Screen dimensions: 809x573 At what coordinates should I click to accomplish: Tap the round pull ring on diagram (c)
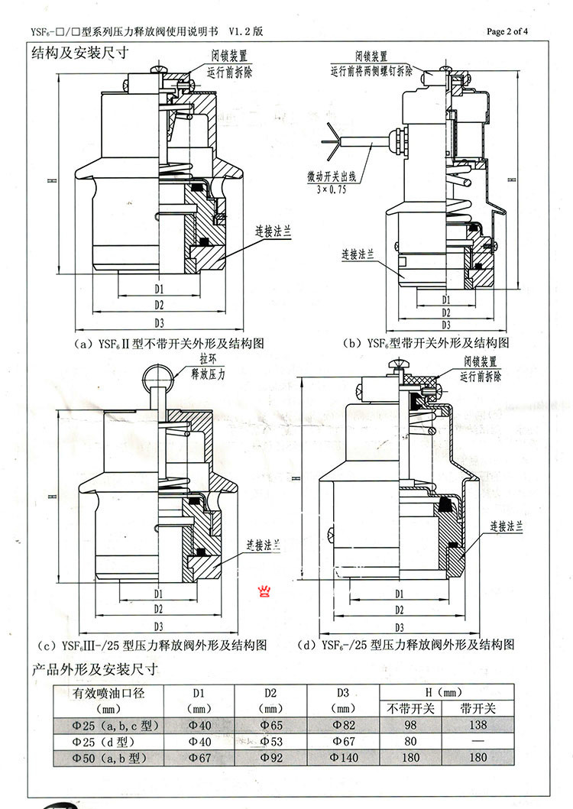point(160,375)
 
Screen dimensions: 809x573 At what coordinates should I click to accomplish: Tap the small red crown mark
point(267,591)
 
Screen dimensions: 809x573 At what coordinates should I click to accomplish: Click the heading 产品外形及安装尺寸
point(94,669)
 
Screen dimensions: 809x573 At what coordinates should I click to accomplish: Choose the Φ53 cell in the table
point(269,741)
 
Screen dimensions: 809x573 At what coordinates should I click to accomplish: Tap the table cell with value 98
point(412,724)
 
